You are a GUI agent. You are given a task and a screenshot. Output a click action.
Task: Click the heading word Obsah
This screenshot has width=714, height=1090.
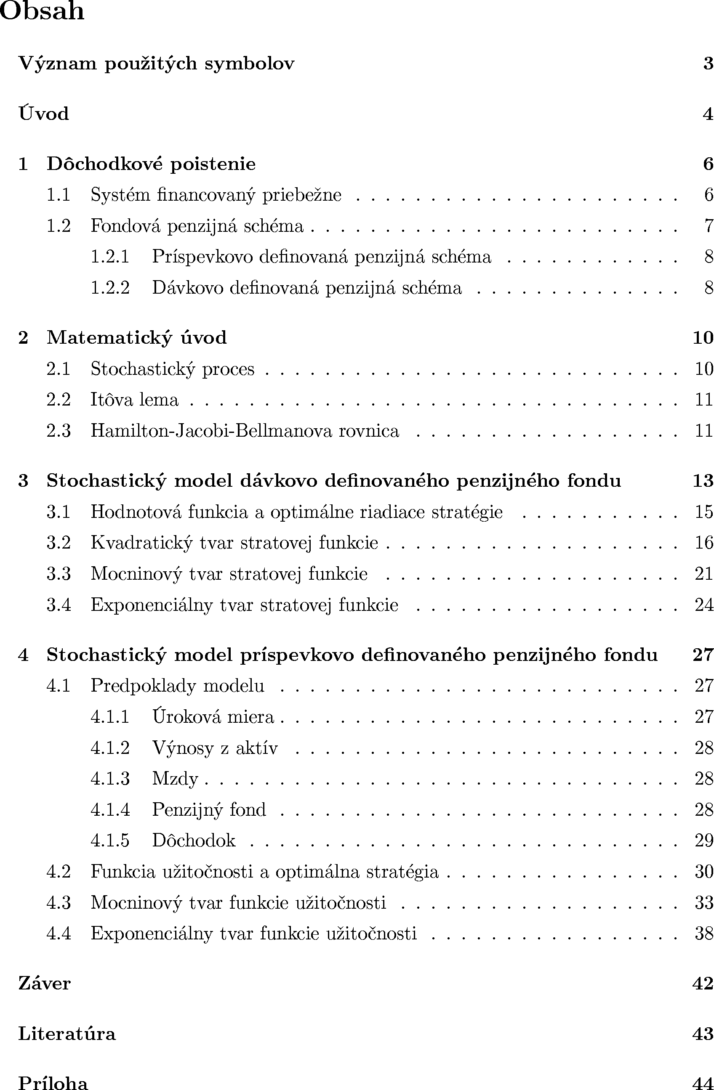[x=42, y=11]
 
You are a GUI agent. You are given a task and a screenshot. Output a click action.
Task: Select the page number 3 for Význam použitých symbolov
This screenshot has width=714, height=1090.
[x=708, y=63]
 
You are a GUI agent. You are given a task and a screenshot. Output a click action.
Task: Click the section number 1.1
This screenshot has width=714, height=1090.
[x=58, y=195]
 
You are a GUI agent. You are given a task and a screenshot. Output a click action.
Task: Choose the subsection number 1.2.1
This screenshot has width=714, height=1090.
[x=110, y=257]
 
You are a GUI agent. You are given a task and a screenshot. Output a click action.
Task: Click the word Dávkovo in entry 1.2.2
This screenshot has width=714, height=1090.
[x=187, y=288]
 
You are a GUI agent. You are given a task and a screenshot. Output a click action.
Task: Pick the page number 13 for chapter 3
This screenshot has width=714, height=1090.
[x=703, y=480]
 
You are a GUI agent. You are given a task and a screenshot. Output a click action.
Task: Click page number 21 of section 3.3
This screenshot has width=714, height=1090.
[x=704, y=574]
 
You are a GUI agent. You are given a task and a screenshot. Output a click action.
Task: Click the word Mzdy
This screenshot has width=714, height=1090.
[x=175, y=779]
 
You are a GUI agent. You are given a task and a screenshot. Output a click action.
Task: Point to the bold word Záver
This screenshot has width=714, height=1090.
[x=45, y=983]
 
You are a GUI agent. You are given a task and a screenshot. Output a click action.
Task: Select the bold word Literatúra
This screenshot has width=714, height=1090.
[x=67, y=1034]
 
